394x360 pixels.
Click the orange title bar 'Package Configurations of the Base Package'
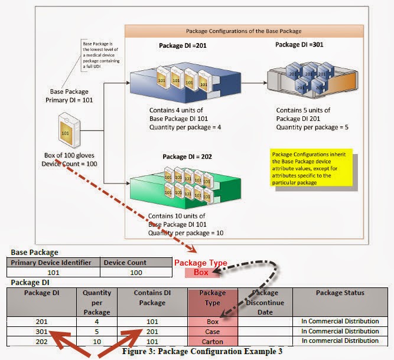tap(244, 31)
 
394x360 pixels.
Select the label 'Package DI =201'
tap(183, 45)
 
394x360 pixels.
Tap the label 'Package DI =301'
tap(299, 44)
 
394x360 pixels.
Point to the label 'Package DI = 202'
tap(184, 156)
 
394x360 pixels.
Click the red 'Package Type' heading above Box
tap(201, 263)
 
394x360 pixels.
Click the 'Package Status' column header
tap(340, 293)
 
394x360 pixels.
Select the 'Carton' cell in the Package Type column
tap(212, 341)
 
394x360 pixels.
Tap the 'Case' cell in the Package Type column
tap(212, 331)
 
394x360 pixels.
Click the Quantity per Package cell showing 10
tap(97, 341)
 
